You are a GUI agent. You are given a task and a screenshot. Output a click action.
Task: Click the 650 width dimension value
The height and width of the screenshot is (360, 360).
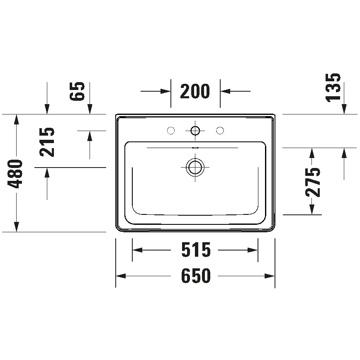pyautogui.click(x=195, y=276)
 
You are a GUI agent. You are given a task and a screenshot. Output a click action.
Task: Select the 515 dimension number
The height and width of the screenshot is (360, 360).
pyautogui.click(x=195, y=250)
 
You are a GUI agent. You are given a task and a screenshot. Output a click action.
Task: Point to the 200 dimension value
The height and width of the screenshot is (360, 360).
pyautogui.click(x=195, y=91)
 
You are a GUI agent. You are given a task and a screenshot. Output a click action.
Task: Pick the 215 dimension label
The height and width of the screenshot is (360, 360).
pyautogui.click(x=48, y=141)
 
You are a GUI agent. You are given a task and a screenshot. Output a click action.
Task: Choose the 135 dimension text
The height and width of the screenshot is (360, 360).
pyautogui.click(x=333, y=87)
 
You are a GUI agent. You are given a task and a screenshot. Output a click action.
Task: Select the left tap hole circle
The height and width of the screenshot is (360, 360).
pyautogui.click(x=170, y=131)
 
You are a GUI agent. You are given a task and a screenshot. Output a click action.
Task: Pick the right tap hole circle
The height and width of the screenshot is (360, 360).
pyautogui.click(x=220, y=131)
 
